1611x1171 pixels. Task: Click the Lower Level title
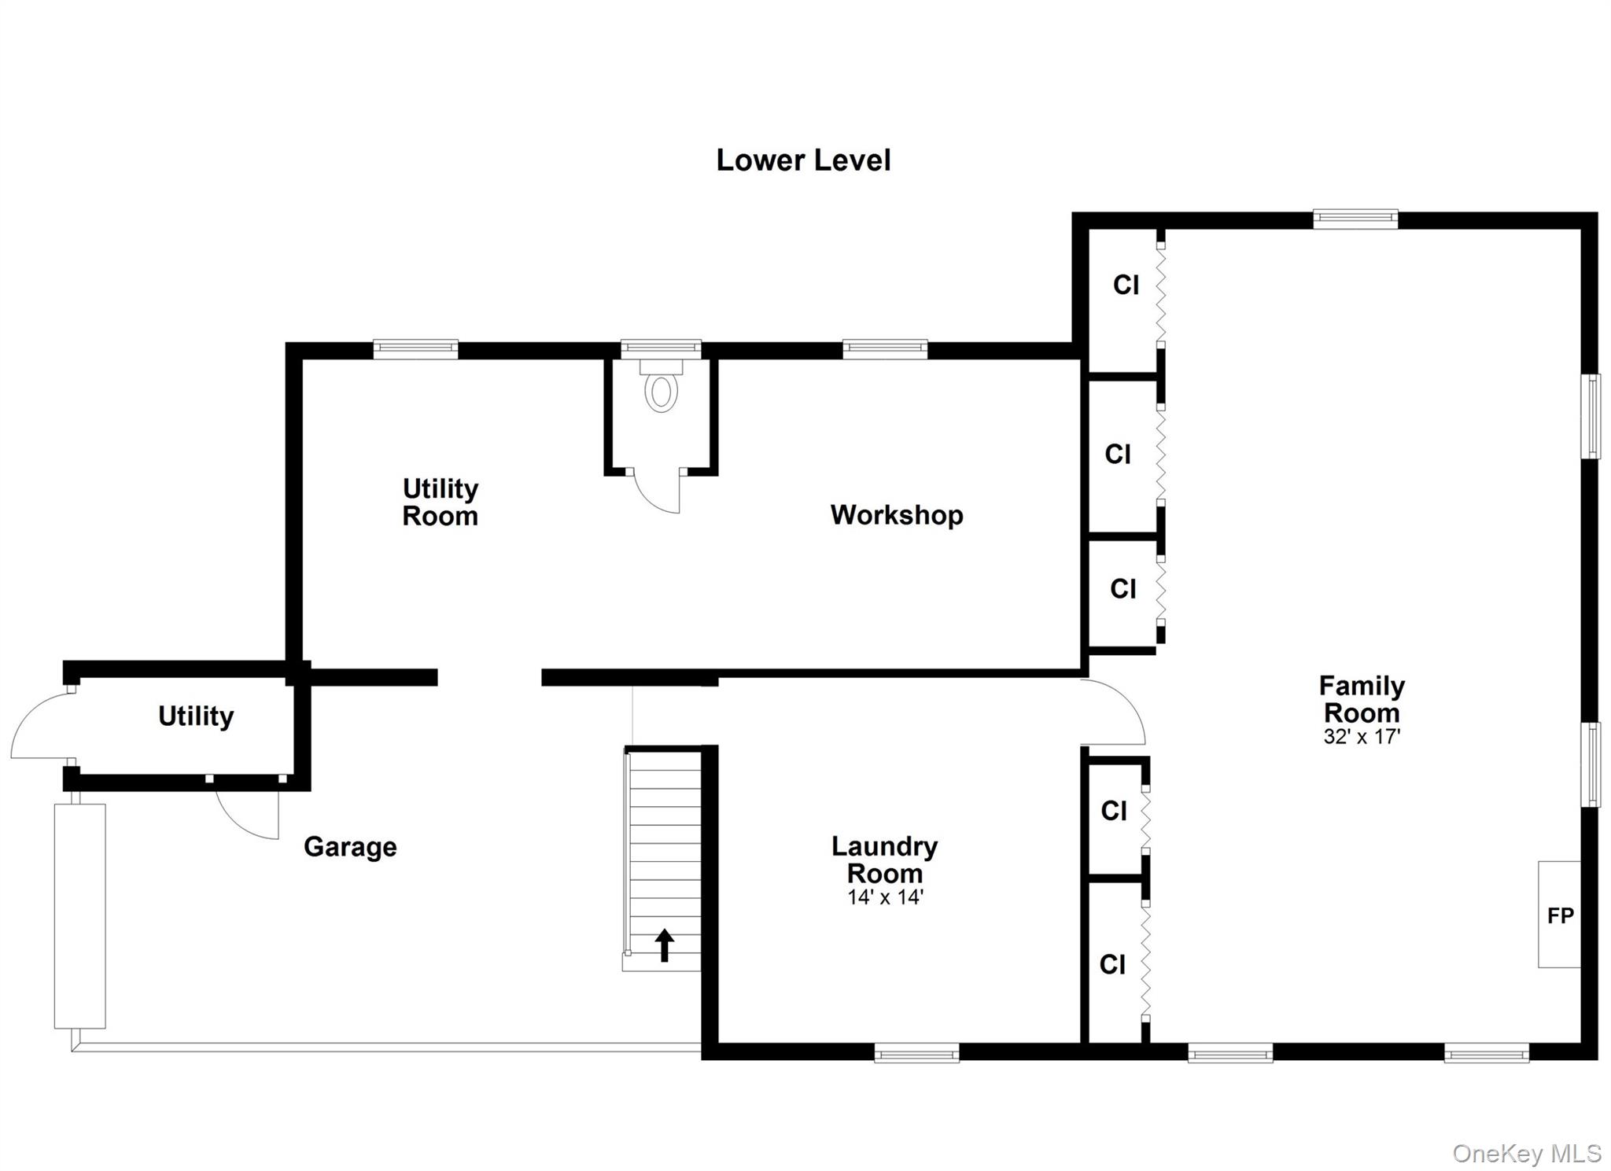802,160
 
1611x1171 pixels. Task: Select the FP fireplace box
1559,915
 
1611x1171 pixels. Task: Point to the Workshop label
896,515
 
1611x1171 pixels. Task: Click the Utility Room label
440,502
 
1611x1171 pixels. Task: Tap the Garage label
350,847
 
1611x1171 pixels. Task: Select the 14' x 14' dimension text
885,897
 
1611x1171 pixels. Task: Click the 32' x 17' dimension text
1362,737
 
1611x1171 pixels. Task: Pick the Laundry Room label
884,860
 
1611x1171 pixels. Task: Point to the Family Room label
1362,699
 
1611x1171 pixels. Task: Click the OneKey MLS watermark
1526,1153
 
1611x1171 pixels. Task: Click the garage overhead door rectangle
79,915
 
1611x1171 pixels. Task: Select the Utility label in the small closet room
196,716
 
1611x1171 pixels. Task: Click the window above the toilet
661,349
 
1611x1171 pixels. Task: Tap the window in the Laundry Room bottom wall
916,1052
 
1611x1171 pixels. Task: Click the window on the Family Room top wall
1355,219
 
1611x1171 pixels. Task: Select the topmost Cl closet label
1126,285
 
